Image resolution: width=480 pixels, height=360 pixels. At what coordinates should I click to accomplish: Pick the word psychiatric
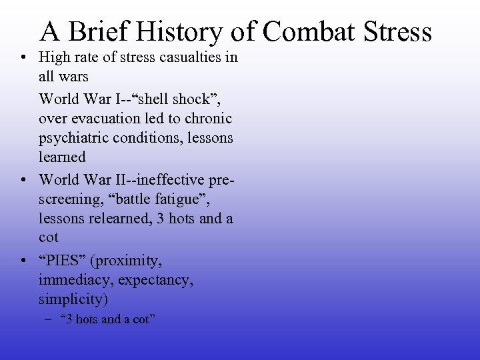pyautogui.click(x=74, y=139)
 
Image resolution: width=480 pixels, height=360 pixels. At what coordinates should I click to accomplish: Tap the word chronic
pyautogui.click(x=209, y=119)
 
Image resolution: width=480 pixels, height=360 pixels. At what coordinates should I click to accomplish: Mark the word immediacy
pyautogui.click(x=69, y=279)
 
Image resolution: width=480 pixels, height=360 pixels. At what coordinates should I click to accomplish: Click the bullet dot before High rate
pyautogui.click(x=24, y=58)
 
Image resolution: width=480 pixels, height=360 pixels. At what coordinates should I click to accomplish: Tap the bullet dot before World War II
pyautogui.click(x=24, y=179)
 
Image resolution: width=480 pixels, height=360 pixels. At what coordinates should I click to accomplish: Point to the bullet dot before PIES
pyautogui.click(x=24, y=260)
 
